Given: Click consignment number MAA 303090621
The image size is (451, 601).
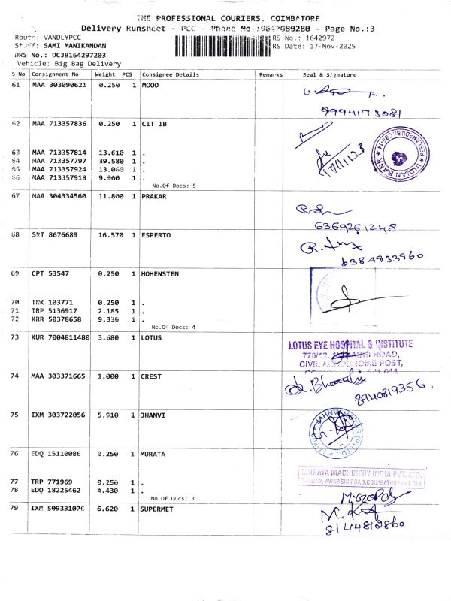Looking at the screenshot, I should pos(59,86).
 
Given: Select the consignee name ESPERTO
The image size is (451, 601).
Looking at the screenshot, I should pos(156,235).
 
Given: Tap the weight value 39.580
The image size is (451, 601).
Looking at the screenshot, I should pos(110,161).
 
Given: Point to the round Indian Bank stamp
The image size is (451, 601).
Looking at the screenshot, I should pos(404,153).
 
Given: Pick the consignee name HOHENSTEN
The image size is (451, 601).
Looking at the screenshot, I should pos(160,274).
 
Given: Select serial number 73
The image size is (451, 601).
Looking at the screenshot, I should pos(16,338).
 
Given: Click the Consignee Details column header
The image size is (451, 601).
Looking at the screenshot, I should pos(170,75).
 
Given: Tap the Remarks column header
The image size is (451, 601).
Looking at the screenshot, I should pos(270,75).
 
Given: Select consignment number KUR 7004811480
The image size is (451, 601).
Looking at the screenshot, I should pos(61,338).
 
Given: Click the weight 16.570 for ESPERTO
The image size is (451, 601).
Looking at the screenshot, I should pos(110,235).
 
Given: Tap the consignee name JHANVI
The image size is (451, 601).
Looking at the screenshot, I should pos(154,415).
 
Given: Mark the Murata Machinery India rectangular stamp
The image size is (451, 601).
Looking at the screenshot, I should pos(362,478).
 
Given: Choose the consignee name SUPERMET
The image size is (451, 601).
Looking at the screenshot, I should pos(159,509).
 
